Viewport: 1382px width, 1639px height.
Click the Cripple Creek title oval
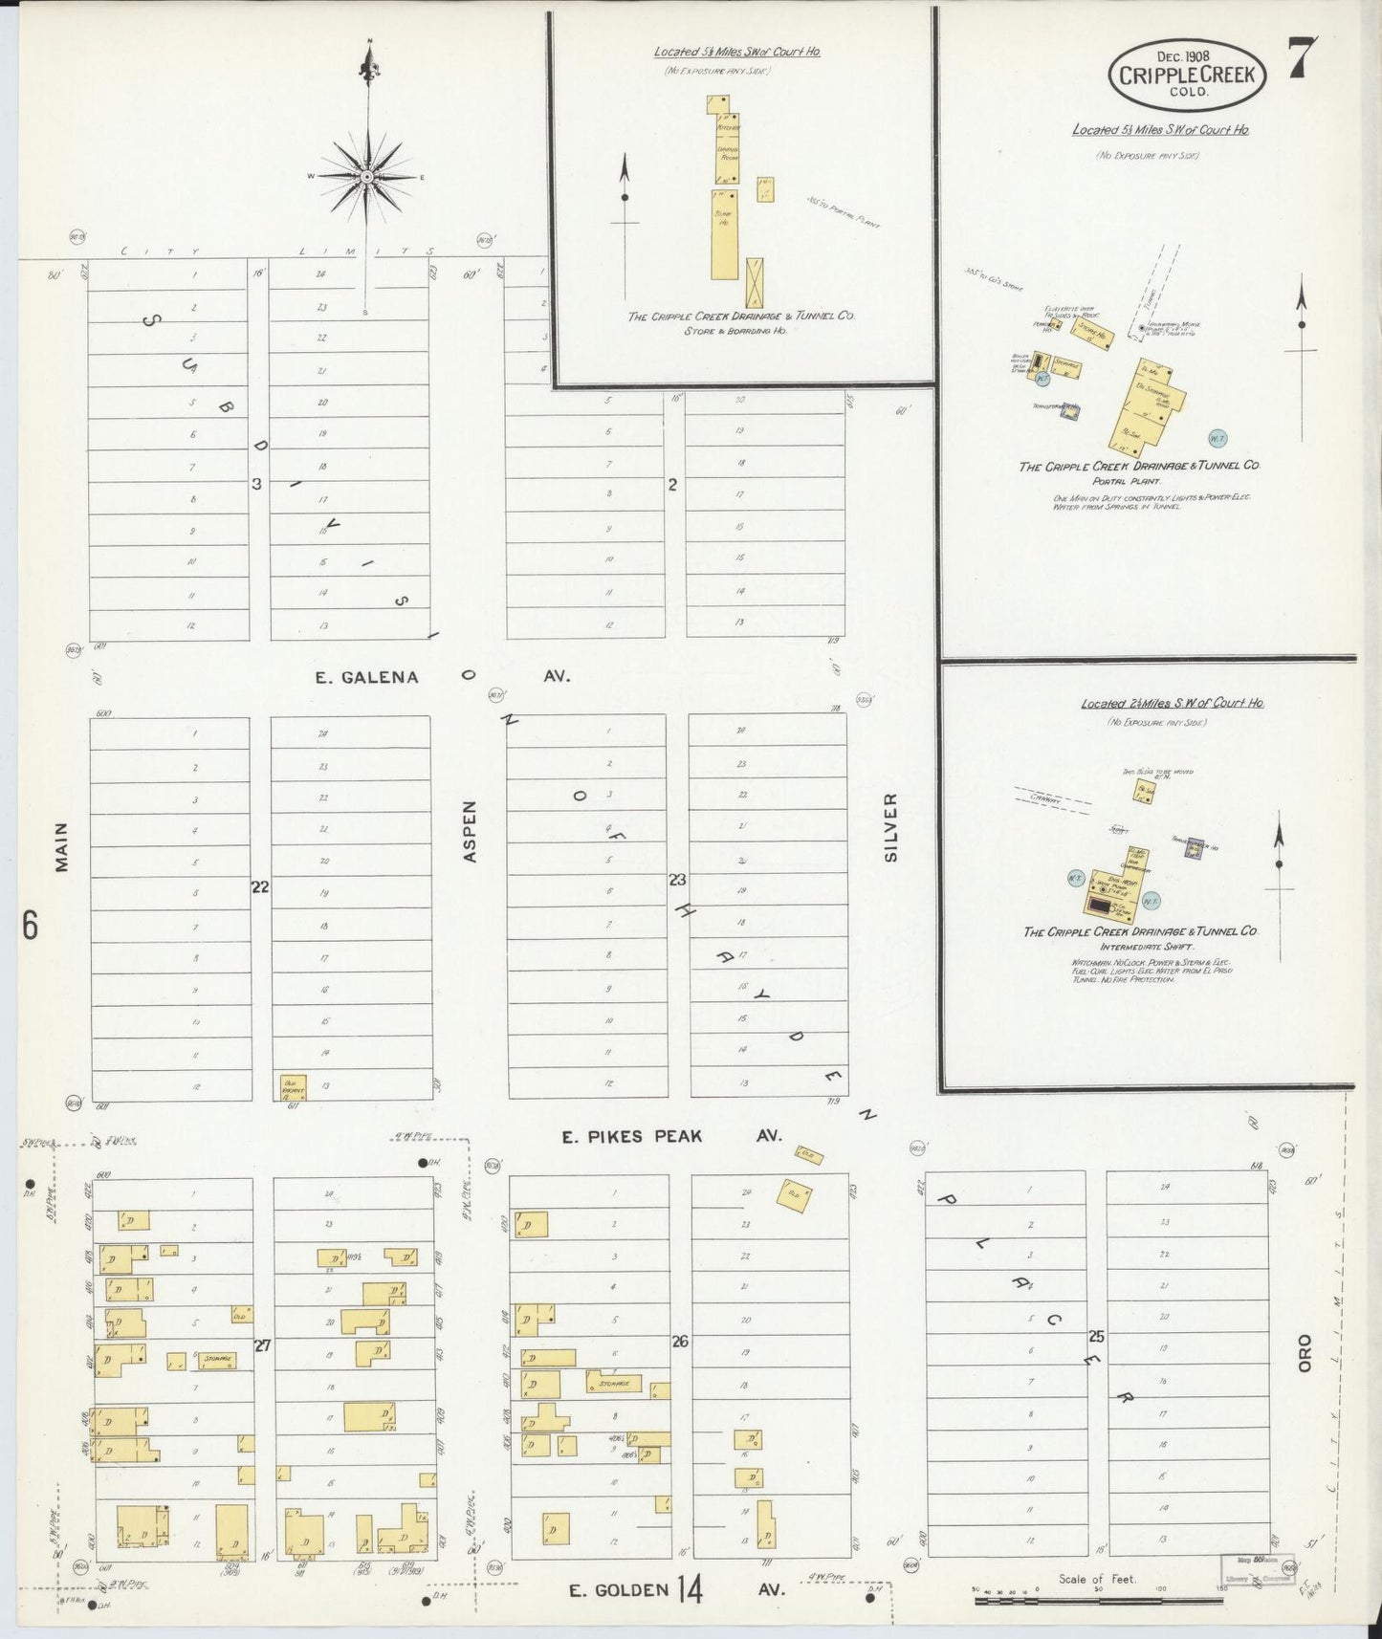(1188, 74)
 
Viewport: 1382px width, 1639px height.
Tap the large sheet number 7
(1302, 58)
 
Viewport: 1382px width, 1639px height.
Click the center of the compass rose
(367, 178)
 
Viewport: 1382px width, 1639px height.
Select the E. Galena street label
(367, 677)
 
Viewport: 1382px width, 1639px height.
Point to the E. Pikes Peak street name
(631, 1136)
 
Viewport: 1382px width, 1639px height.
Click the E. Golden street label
(619, 1590)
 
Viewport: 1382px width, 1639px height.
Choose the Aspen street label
(470, 832)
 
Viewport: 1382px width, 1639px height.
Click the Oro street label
(1305, 1353)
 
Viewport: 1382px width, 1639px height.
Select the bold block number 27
(262, 1345)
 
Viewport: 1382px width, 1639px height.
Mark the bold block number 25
(1096, 1336)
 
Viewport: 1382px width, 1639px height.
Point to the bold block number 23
(678, 880)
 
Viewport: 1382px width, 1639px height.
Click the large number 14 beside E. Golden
(691, 1589)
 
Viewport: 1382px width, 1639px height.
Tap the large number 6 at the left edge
(31, 926)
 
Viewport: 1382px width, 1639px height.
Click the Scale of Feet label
(1097, 1579)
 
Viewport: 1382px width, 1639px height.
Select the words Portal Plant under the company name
(1139, 481)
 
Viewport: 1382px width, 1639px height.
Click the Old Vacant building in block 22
(293, 1086)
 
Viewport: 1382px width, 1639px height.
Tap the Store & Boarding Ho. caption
(735, 331)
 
